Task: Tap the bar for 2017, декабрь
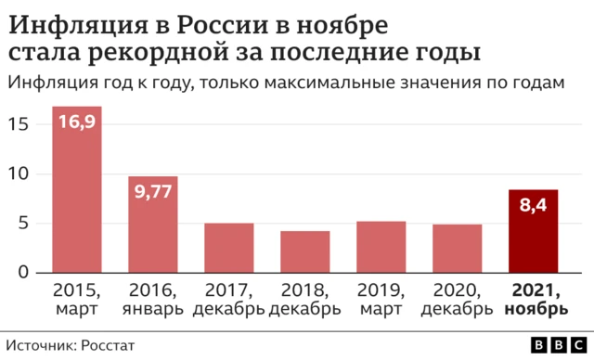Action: (228, 248)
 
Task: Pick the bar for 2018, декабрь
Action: (304, 251)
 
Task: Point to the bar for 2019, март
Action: (381, 247)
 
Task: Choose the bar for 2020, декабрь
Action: (457, 249)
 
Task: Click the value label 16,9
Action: (76, 122)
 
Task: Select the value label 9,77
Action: (152, 192)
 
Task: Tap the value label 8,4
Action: (533, 205)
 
